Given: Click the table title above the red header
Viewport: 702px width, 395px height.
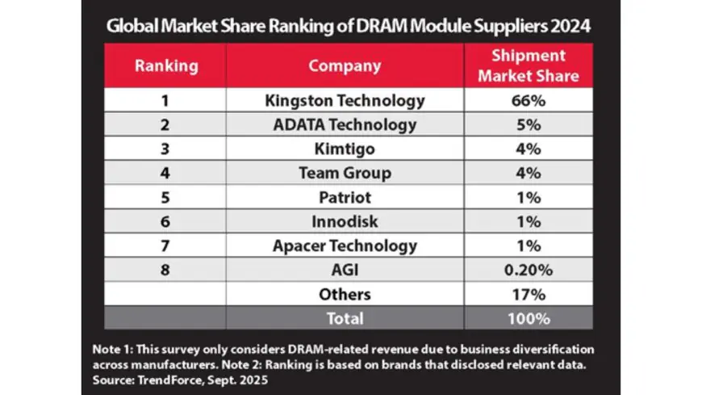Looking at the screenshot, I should pyautogui.click(x=349, y=25).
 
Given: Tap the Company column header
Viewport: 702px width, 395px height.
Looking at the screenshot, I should pyautogui.click(x=345, y=65).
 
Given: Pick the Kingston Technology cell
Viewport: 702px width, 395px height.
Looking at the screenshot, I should pyautogui.click(x=345, y=101).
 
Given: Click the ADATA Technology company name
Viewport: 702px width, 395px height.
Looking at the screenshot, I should pyautogui.click(x=345, y=125).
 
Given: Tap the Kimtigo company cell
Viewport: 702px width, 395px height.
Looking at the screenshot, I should pyautogui.click(x=345, y=149).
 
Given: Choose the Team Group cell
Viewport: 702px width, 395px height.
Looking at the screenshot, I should pyautogui.click(x=345, y=173).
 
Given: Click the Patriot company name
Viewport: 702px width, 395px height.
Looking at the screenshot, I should pyautogui.click(x=345, y=197).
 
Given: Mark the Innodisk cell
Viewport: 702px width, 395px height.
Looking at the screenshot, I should pyautogui.click(x=345, y=221).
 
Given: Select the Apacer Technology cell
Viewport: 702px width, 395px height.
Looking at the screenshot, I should pyautogui.click(x=345, y=246).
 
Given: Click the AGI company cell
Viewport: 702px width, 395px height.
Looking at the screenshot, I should pyautogui.click(x=345, y=270).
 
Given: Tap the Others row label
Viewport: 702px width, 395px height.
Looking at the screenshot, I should pyautogui.click(x=345, y=294).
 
